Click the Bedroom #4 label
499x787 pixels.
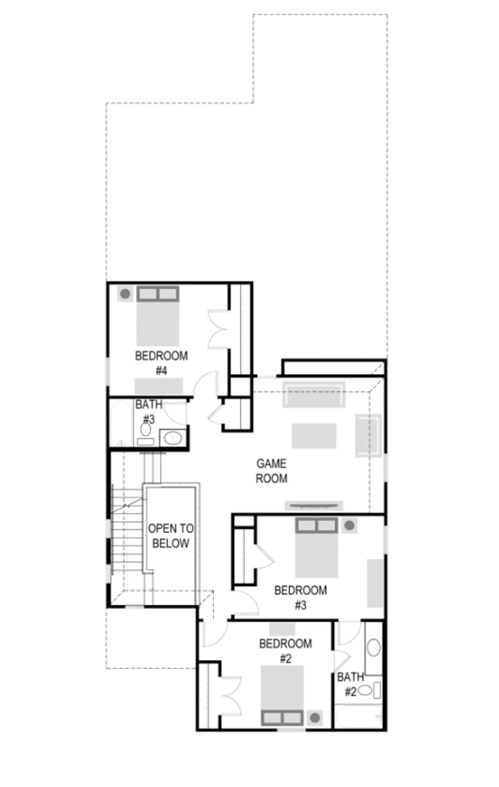click(x=161, y=363)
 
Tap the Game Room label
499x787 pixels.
click(x=271, y=471)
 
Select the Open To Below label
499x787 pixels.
click(x=171, y=536)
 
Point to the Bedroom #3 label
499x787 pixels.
click(x=300, y=597)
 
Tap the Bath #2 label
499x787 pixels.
click(x=350, y=684)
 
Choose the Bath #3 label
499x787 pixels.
click(x=149, y=412)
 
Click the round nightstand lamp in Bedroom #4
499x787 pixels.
click(x=125, y=294)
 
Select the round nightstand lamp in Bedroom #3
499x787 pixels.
click(x=349, y=525)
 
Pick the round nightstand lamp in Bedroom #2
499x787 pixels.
click(x=315, y=718)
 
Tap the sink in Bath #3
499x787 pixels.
click(x=173, y=438)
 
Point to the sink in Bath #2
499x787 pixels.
click(x=373, y=647)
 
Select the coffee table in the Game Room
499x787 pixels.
click(x=314, y=436)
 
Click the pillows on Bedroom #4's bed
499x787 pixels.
click(x=158, y=294)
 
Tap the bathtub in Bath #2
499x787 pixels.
click(x=358, y=716)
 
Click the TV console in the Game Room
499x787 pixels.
click(x=314, y=505)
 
